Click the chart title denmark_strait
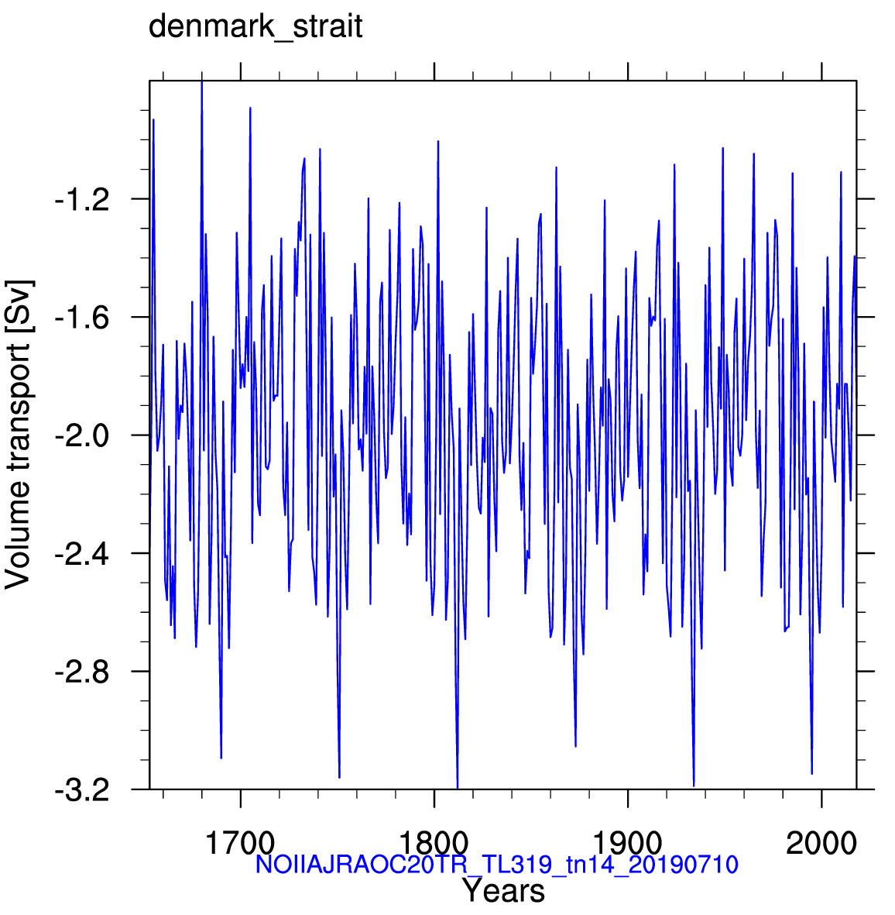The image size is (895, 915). (255, 27)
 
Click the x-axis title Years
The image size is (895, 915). (504, 890)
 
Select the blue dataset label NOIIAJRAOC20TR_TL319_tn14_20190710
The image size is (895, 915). (497, 864)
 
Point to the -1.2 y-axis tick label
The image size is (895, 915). (82, 200)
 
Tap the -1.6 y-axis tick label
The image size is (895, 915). (82, 318)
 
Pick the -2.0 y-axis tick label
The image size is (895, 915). (82, 436)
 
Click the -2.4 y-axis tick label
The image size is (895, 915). (82, 554)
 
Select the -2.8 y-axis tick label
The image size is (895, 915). (82, 672)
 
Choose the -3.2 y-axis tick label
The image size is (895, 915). (82, 791)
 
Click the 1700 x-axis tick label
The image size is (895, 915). (240, 843)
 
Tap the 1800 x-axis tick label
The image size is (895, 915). (434, 843)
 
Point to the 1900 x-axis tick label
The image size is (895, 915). (628, 843)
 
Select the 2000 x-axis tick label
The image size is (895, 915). (821, 843)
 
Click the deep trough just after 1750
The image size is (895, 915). (339, 776)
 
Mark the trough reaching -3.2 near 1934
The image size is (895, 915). (694, 786)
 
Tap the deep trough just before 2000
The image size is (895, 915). (811, 773)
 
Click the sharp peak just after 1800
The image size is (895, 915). (438, 141)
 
